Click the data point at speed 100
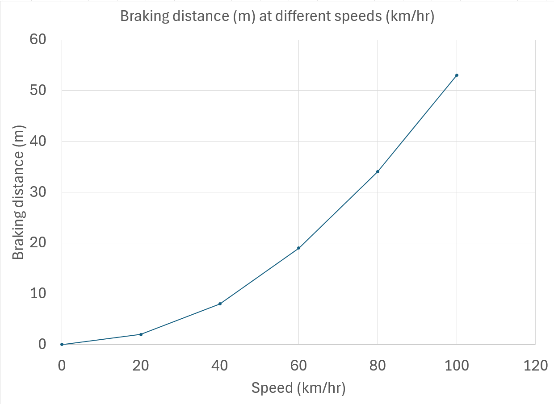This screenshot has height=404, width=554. (457, 75)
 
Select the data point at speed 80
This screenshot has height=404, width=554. (378, 171)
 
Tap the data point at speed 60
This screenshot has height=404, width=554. (298, 248)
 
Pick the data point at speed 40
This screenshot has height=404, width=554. (220, 304)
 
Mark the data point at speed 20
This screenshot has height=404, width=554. (141, 334)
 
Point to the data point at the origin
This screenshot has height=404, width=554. (62, 344)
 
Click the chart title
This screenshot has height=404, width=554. (277, 17)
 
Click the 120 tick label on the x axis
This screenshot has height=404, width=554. (535, 366)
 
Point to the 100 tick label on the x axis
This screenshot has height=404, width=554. (457, 366)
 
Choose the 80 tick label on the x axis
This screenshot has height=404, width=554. (378, 366)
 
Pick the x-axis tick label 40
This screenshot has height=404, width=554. (220, 366)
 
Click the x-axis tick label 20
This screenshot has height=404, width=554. (141, 366)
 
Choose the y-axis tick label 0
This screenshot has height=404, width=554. (42, 345)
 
